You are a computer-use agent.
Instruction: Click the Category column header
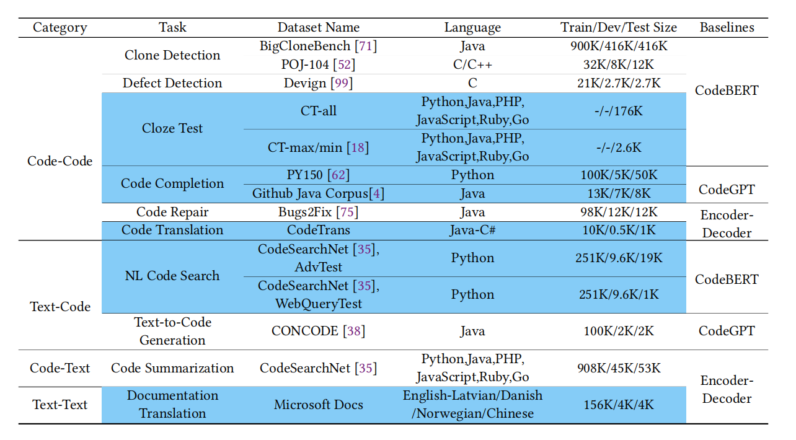(60, 27)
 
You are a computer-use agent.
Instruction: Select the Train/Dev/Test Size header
(618, 27)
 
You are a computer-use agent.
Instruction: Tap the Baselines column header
(727, 27)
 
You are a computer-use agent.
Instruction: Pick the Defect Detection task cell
(172, 83)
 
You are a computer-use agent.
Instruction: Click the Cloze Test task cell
(172, 128)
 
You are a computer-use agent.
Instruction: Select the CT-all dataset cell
(318, 110)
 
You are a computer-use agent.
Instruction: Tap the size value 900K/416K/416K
(618, 46)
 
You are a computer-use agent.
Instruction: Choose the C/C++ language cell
(472, 64)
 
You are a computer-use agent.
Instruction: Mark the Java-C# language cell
(472, 230)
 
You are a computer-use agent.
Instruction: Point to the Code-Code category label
(60, 161)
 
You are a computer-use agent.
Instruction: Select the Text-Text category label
(60, 405)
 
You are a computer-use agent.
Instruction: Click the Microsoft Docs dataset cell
(318, 405)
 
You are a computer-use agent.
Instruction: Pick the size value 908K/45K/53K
(618, 368)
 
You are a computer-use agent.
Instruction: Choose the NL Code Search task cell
(172, 276)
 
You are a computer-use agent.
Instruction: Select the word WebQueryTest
(318, 304)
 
